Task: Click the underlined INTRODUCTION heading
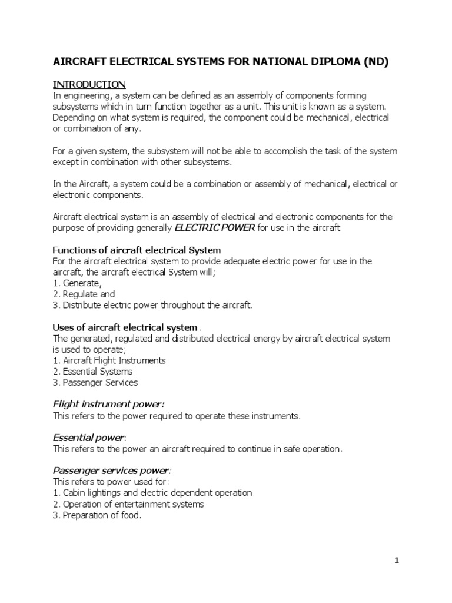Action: pos(89,84)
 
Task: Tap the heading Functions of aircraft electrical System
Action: pos(137,250)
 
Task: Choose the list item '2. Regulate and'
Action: pos(84,294)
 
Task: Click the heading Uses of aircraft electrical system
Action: pos(126,327)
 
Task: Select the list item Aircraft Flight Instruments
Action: pos(109,360)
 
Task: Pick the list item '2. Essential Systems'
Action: pos(93,371)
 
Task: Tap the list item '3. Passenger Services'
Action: pos(95,382)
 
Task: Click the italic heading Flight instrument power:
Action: pos(109,404)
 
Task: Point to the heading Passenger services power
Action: pos(112,471)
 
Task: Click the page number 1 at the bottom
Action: pos(397,561)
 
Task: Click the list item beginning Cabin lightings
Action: pos(152,493)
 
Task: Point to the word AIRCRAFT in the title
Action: pos(79,62)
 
